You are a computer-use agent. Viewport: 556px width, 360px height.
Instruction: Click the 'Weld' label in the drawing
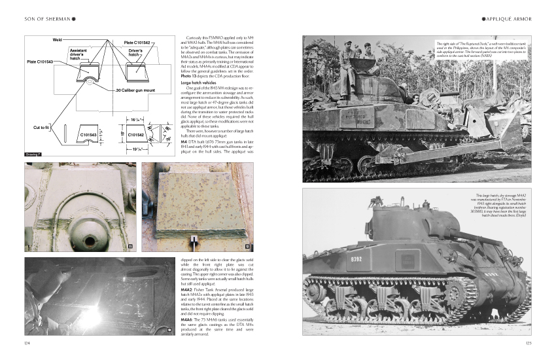pyautogui.click(x=57, y=40)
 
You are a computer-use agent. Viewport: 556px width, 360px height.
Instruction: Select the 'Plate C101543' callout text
pyautogui.click(x=40, y=62)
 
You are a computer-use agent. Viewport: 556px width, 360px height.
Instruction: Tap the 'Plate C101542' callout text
pyautogui.click(x=137, y=43)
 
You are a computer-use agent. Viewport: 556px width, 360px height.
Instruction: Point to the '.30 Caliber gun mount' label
pyautogui.click(x=135, y=90)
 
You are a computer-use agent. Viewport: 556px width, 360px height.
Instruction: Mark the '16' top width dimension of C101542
pyautogui.click(x=133, y=120)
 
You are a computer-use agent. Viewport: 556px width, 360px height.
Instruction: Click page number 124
pyautogui.click(x=26, y=342)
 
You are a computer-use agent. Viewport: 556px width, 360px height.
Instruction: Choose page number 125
pyautogui.click(x=529, y=342)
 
